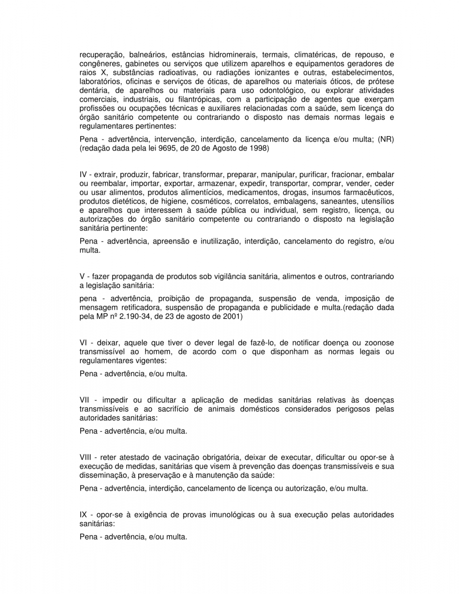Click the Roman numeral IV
click(x=83, y=175)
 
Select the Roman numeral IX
click(x=83, y=515)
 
